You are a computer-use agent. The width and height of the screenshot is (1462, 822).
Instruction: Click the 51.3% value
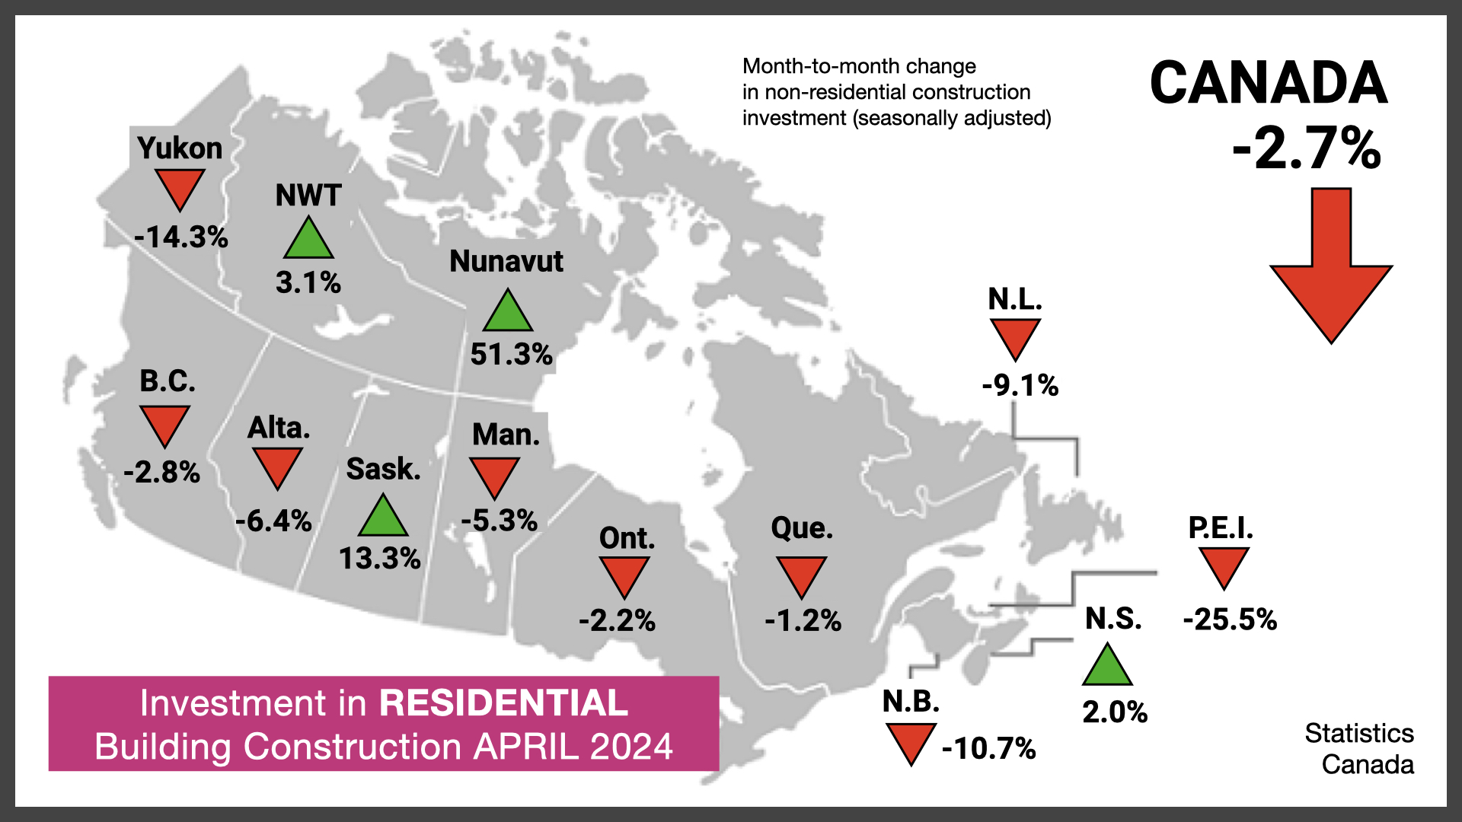click(511, 355)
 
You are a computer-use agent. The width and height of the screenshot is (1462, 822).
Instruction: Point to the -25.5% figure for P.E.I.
click(1230, 620)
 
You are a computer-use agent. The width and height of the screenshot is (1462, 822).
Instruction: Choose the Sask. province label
click(383, 469)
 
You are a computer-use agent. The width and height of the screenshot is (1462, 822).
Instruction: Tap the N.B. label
click(911, 702)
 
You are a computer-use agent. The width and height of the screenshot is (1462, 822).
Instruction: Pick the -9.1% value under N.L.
click(1020, 385)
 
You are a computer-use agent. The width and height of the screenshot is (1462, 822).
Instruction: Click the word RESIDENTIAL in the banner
click(503, 703)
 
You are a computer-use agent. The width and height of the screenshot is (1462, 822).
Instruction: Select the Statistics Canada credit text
click(1360, 749)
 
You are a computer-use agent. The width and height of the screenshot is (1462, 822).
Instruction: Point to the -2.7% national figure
click(1307, 149)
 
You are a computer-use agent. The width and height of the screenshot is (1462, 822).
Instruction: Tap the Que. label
click(802, 528)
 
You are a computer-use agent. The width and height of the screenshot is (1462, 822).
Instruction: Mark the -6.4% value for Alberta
click(273, 521)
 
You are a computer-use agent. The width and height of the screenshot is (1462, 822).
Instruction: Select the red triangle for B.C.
click(164, 424)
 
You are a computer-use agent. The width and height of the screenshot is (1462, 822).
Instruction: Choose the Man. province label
click(506, 435)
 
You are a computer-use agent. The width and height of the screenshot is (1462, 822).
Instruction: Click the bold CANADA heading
click(1269, 83)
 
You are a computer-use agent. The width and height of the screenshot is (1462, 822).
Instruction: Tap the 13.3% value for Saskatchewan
click(379, 559)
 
